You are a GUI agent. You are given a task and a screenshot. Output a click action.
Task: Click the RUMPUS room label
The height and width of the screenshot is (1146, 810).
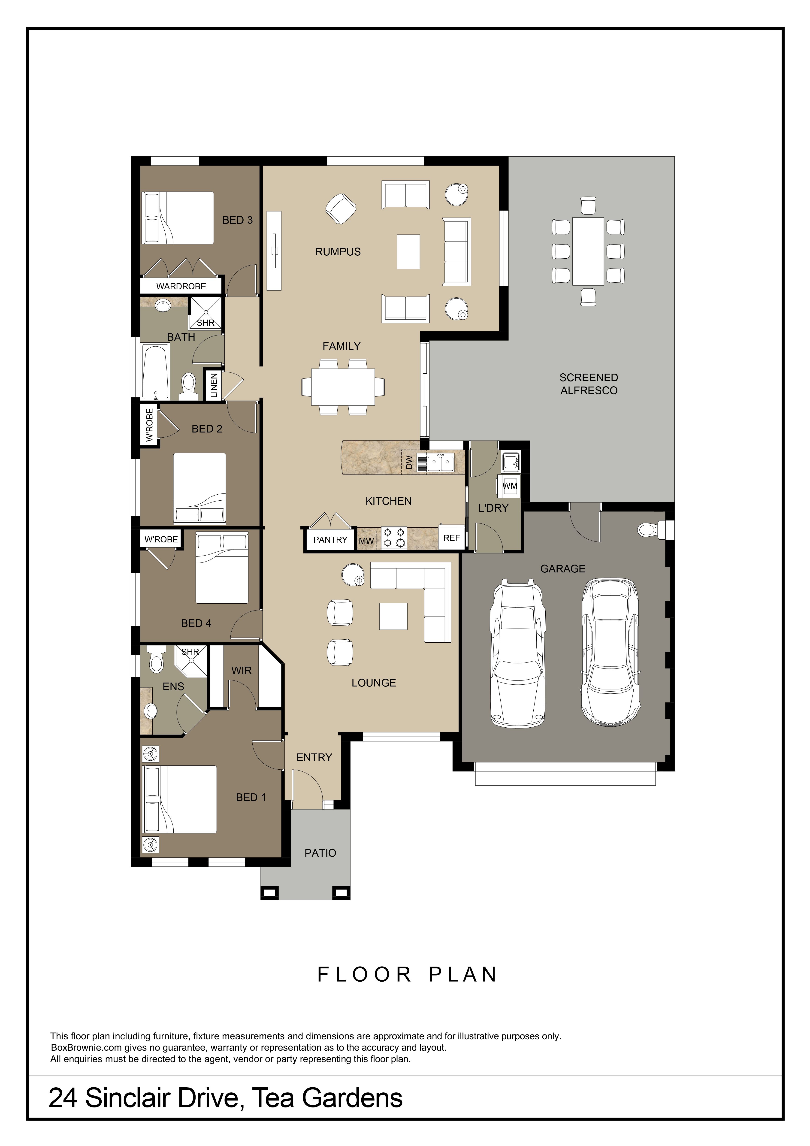click(338, 252)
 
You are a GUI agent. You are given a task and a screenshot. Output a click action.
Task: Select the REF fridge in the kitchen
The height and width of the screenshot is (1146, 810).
click(452, 538)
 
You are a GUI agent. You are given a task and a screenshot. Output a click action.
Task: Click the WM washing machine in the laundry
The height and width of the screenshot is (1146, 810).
click(510, 486)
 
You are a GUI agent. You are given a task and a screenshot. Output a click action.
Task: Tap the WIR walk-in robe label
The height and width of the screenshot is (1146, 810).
click(242, 671)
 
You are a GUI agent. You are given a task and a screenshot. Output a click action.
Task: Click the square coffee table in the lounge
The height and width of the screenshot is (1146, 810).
click(393, 617)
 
